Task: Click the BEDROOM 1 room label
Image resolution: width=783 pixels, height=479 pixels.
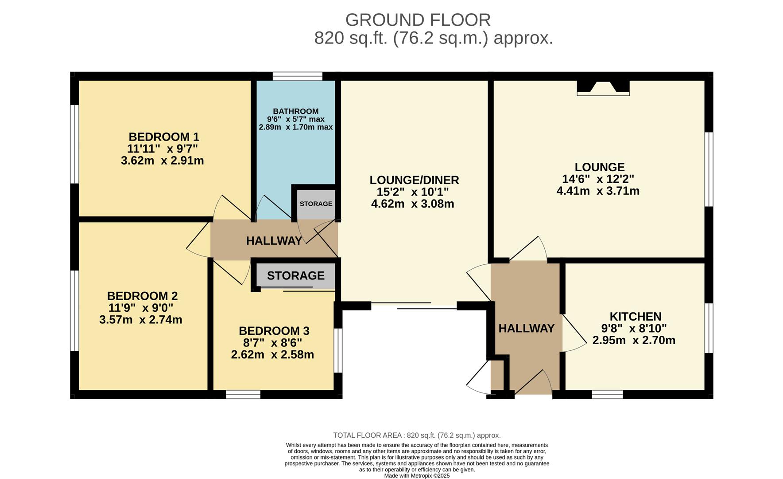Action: (x=164, y=137)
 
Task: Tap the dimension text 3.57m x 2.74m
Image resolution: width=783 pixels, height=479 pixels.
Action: (x=141, y=320)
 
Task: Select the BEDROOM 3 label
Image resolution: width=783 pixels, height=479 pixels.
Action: (x=274, y=331)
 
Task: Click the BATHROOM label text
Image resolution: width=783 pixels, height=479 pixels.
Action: (x=295, y=111)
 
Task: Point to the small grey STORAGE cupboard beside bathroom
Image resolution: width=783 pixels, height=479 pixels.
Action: (x=316, y=204)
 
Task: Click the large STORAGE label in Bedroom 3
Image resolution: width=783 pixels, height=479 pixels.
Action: (x=295, y=276)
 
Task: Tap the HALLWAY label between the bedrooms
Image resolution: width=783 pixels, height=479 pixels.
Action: (x=274, y=241)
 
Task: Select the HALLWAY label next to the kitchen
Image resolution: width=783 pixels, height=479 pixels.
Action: (x=526, y=328)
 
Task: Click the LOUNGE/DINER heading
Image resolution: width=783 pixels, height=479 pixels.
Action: (x=414, y=180)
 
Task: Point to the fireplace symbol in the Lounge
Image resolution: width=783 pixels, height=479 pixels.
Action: (x=603, y=87)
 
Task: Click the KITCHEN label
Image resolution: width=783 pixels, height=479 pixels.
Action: (x=635, y=316)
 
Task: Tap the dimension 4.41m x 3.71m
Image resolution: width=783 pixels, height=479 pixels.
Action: (x=598, y=191)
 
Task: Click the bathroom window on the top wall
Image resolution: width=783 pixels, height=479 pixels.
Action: (x=297, y=76)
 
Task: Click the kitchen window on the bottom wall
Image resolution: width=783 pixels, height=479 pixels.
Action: (x=607, y=394)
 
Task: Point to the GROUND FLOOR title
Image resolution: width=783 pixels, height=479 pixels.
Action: (x=418, y=20)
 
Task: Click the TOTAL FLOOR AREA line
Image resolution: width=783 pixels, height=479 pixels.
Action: (x=416, y=436)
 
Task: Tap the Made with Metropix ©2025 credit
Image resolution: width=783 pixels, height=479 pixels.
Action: (x=416, y=475)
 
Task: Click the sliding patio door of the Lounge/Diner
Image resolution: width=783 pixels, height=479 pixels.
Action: (x=414, y=305)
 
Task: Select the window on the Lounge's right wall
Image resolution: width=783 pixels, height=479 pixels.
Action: (x=709, y=169)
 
